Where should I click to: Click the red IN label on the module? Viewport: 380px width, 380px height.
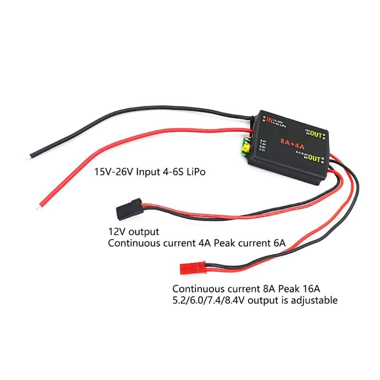(x=269, y=120)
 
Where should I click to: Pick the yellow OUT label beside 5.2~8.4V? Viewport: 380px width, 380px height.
(x=314, y=160)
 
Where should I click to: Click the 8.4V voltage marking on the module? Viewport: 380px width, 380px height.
(x=264, y=141)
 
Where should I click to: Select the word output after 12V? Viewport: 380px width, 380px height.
(x=142, y=232)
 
